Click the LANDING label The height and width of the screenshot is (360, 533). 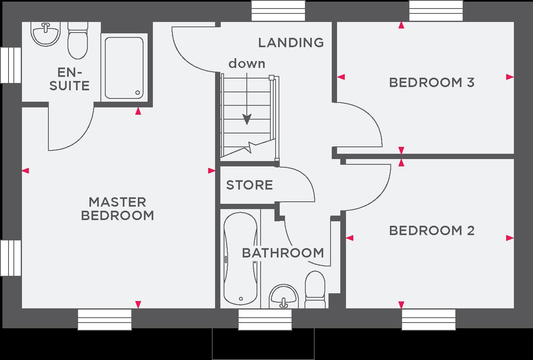[x=291, y=43]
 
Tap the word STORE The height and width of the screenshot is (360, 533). [x=249, y=185]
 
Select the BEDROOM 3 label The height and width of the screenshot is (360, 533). [x=432, y=83]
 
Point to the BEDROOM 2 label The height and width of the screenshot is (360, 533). [x=432, y=231]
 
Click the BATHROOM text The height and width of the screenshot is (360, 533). [x=283, y=253]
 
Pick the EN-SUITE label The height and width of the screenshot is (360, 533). [x=70, y=79]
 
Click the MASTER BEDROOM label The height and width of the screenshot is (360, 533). [x=117, y=209]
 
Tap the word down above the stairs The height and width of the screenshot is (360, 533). [x=247, y=63]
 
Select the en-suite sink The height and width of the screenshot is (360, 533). [x=46, y=34]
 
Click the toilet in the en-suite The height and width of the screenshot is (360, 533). [x=78, y=41]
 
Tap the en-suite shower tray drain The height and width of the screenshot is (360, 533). [x=137, y=92]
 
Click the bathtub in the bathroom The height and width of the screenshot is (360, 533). [x=240, y=259]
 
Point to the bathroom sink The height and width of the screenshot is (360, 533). [x=283, y=297]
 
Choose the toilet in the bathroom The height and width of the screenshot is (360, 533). [x=315, y=290]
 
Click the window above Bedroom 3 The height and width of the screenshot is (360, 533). [x=436, y=11]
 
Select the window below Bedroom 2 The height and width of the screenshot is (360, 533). [x=429, y=319]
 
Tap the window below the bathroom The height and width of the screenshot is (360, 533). [x=265, y=319]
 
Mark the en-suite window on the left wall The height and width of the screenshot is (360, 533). [x=11, y=65]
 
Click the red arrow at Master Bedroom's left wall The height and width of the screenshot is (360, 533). [x=26, y=171]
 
